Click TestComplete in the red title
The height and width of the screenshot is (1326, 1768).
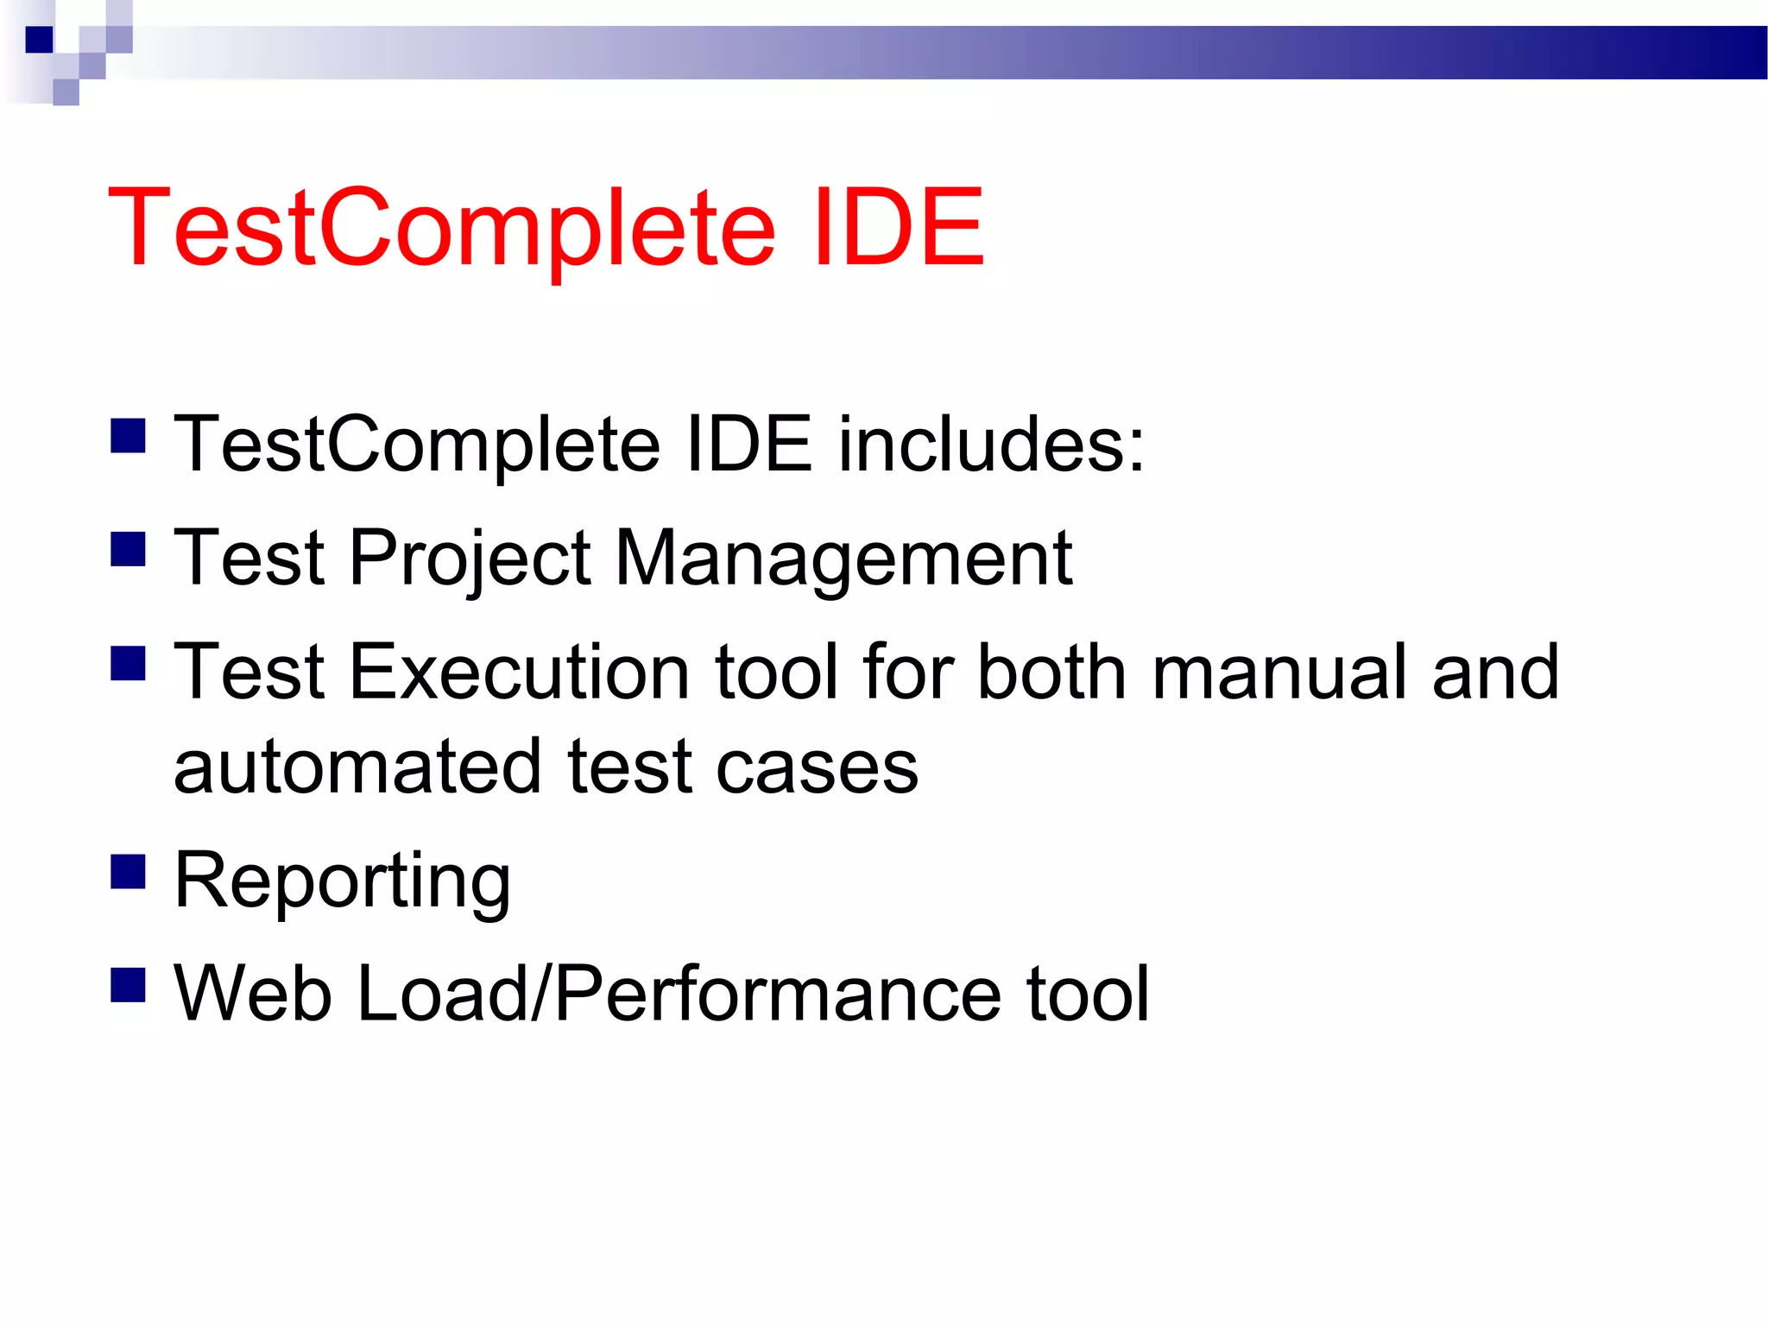pyautogui.click(x=440, y=229)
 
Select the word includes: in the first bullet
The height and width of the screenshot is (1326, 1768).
pyautogui.click(x=991, y=444)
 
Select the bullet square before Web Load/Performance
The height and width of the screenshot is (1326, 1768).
pyautogui.click(x=128, y=985)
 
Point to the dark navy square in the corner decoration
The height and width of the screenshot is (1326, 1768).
pyautogui.click(x=39, y=40)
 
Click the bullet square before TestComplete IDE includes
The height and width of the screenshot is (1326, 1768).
pyautogui.click(x=128, y=436)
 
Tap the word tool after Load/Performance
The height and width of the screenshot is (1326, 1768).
pyautogui.click(x=1088, y=994)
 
